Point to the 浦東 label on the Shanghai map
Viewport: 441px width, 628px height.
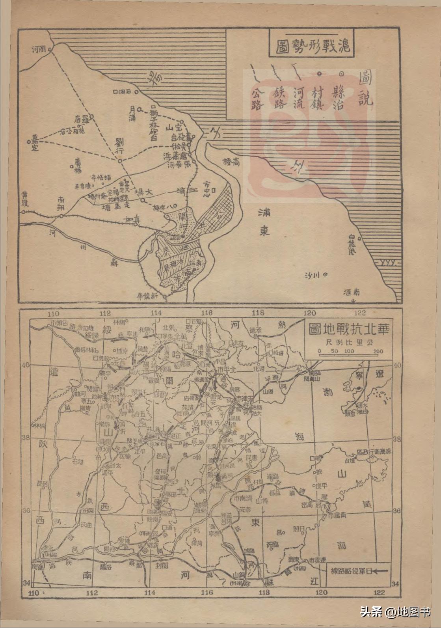pyautogui.click(x=264, y=222)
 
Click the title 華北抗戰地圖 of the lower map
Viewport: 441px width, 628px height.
pyautogui.click(x=349, y=328)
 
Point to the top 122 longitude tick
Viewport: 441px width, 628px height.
pyautogui.click(x=360, y=313)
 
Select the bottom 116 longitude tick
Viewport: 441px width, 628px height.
pyautogui.click(x=207, y=592)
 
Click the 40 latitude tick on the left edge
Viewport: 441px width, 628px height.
pyautogui.click(x=26, y=365)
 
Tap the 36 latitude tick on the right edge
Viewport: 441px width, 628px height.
pyautogui.click(x=396, y=511)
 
